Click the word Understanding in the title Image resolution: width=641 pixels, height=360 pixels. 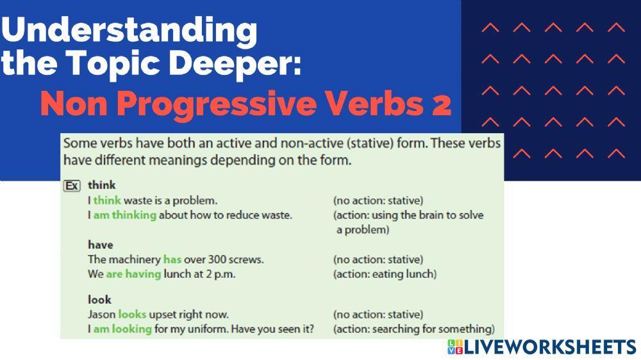[x=129, y=30]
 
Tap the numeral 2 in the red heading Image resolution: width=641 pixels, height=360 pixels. [x=441, y=104]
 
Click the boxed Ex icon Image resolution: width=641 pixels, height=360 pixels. [x=72, y=186]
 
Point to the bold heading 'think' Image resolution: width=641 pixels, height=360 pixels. [x=101, y=185]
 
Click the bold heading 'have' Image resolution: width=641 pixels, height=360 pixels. [x=100, y=245]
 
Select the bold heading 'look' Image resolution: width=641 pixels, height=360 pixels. [x=99, y=299]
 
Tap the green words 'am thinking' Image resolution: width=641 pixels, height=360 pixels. [x=125, y=215]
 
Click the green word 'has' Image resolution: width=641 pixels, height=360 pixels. [x=172, y=259]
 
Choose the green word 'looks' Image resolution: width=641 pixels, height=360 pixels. [x=132, y=315]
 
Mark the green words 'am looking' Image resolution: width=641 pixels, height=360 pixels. [x=122, y=329]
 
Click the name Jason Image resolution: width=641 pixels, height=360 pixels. [x=101, y=315]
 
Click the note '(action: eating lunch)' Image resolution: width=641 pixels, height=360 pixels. [x=385, y=274]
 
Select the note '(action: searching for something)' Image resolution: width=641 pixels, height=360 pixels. [x=413, y=329]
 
